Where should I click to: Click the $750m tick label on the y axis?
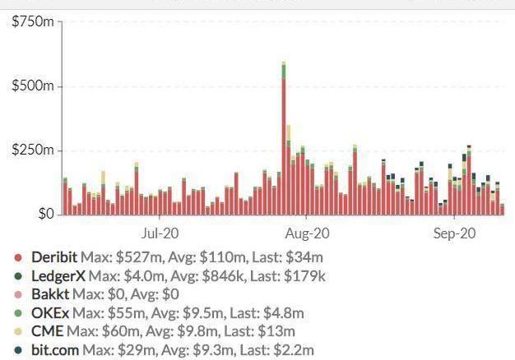pos(31,21)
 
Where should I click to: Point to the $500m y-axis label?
pos(31,86)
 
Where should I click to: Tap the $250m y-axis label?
pos(31,150)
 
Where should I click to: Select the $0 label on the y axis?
pos(42,215)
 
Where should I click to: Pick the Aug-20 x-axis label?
pos(306,233)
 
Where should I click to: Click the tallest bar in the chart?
pos(283,140)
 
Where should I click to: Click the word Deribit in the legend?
pos(54,257)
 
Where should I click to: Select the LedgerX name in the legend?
pos(58,276)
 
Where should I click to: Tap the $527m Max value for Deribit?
pos(137,257)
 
